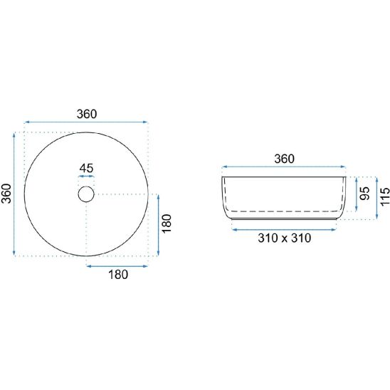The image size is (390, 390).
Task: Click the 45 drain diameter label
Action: coord(86,169)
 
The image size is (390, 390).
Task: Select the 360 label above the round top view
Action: coord(87,114)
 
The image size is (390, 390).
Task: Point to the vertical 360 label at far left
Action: coord(6,194)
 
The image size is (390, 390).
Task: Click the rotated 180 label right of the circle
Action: coord(167,223)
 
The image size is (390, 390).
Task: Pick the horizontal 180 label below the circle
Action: coord(118,275)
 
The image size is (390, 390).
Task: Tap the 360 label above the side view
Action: coord(284,159)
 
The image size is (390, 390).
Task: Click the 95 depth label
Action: coord(365,194)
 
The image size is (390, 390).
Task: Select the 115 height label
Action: coord(385,196)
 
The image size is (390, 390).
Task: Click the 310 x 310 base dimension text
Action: coord(284,238)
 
